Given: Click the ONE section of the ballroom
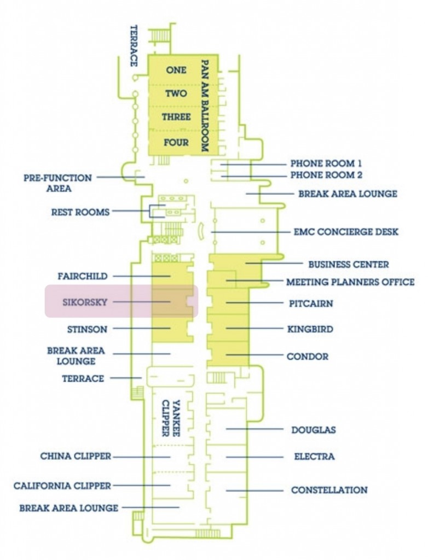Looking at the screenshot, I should [176, 70].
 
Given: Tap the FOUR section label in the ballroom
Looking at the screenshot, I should [176, 143].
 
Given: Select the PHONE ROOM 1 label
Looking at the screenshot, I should [326, 164].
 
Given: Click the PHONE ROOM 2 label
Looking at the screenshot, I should [326, 176].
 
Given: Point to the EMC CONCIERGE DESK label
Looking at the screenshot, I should [346, 232].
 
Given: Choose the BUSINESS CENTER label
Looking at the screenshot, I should [349, 265].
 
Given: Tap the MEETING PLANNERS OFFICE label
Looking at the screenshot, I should [350, 282].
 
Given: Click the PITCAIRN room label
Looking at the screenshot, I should [310, 304].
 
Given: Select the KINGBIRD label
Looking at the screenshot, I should [310, 330].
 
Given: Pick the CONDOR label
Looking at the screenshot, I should [308, 357].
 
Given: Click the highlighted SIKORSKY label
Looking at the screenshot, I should [85, 302].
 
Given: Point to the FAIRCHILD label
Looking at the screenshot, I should [83, 276].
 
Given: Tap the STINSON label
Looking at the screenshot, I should [87, 330].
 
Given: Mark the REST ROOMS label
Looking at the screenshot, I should [80, 212].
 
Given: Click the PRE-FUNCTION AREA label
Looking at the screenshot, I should [57, 183].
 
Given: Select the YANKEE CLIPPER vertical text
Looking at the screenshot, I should [170, 418].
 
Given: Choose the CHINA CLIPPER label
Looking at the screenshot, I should [76, 456].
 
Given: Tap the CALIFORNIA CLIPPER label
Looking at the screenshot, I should [62, 486].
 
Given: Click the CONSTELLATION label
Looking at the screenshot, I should [329, 490].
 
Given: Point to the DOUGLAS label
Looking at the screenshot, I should [314, 430].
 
